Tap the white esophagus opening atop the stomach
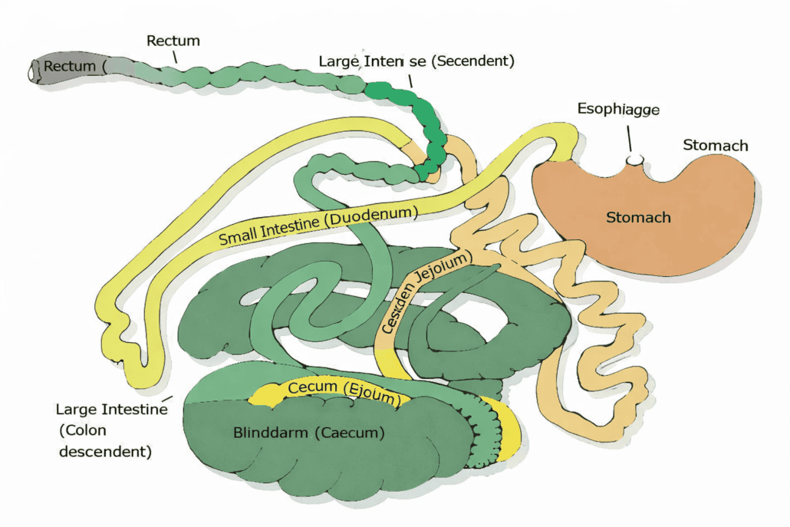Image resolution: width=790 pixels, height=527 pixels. (x=634, y=160)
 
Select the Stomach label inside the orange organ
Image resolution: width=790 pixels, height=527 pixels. (x=638, y=217)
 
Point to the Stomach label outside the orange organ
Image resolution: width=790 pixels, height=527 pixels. (x=715, y=145)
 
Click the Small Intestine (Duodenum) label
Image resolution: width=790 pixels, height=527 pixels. (x=318, y=226)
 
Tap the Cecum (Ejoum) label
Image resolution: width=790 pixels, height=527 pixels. (x=344, y=392)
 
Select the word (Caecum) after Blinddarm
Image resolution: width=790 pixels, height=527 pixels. (x=347, y=433)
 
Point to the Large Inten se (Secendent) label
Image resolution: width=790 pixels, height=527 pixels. (x=416, y=61)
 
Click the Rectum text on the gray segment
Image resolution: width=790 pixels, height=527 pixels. (x=70, y=67)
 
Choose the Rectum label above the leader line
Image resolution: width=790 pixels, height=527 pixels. (x=174, y=40)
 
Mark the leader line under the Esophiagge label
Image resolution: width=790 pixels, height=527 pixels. (x=629, y=139)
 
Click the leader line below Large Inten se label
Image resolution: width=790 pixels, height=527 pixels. (x=410, y=80)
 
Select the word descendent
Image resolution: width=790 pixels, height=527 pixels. (x=104, y=451)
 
